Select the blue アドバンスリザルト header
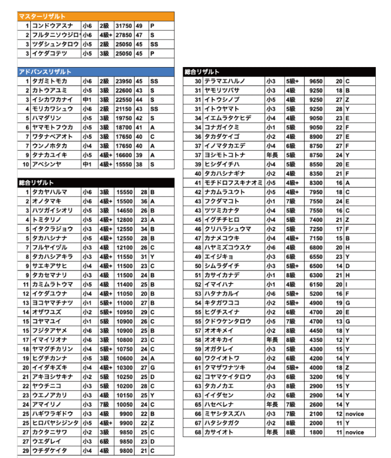[45, 72]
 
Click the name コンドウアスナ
[52, 25]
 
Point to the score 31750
[123, 25]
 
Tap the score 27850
[123, 35]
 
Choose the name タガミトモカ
[50, 81]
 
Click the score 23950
[123, 81]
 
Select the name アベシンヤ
[46, 165]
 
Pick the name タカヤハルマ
[50, 192]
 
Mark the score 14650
[125, 211]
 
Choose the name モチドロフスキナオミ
[234, 183]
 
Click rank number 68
[198, 433]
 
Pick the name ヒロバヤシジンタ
[55, 423]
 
